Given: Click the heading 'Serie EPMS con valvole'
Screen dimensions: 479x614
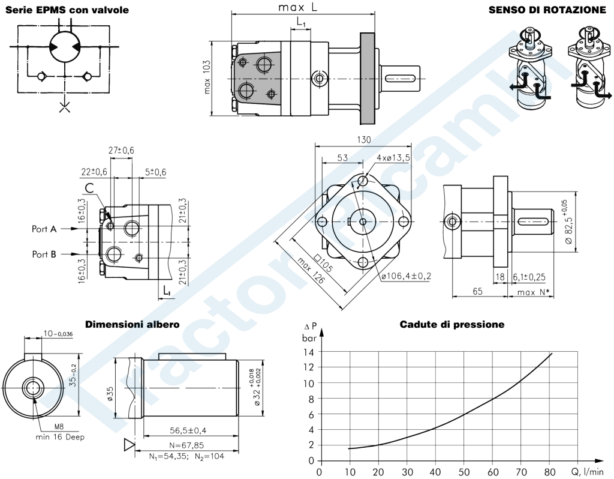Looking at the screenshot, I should (66, 10).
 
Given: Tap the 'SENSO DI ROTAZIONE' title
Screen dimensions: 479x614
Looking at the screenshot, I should (547, 10).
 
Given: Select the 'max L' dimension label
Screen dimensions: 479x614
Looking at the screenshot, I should (297, 8).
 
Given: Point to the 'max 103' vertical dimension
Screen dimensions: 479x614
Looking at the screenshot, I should (207, 77).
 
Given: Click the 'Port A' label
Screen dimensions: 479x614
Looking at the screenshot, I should (44, 229).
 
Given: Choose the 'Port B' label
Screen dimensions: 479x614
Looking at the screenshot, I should (44, 255).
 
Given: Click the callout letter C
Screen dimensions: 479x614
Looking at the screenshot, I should (89, 188).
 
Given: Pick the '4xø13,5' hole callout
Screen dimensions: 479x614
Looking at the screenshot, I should (393, 157).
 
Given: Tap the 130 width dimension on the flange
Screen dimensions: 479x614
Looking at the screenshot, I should (364, 140).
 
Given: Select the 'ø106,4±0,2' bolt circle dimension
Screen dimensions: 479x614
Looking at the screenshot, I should (406, 276).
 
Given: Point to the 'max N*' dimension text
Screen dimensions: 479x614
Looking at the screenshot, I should (533, 292).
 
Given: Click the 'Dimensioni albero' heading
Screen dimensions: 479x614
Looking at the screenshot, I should (132, 324).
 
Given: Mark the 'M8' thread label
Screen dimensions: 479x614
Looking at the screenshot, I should (59, 427).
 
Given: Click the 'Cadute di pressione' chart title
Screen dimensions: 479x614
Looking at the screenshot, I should (452, 324).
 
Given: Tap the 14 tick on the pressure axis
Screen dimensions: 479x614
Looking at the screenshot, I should (310, 351).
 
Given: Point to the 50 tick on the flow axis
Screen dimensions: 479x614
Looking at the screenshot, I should (464, 471).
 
